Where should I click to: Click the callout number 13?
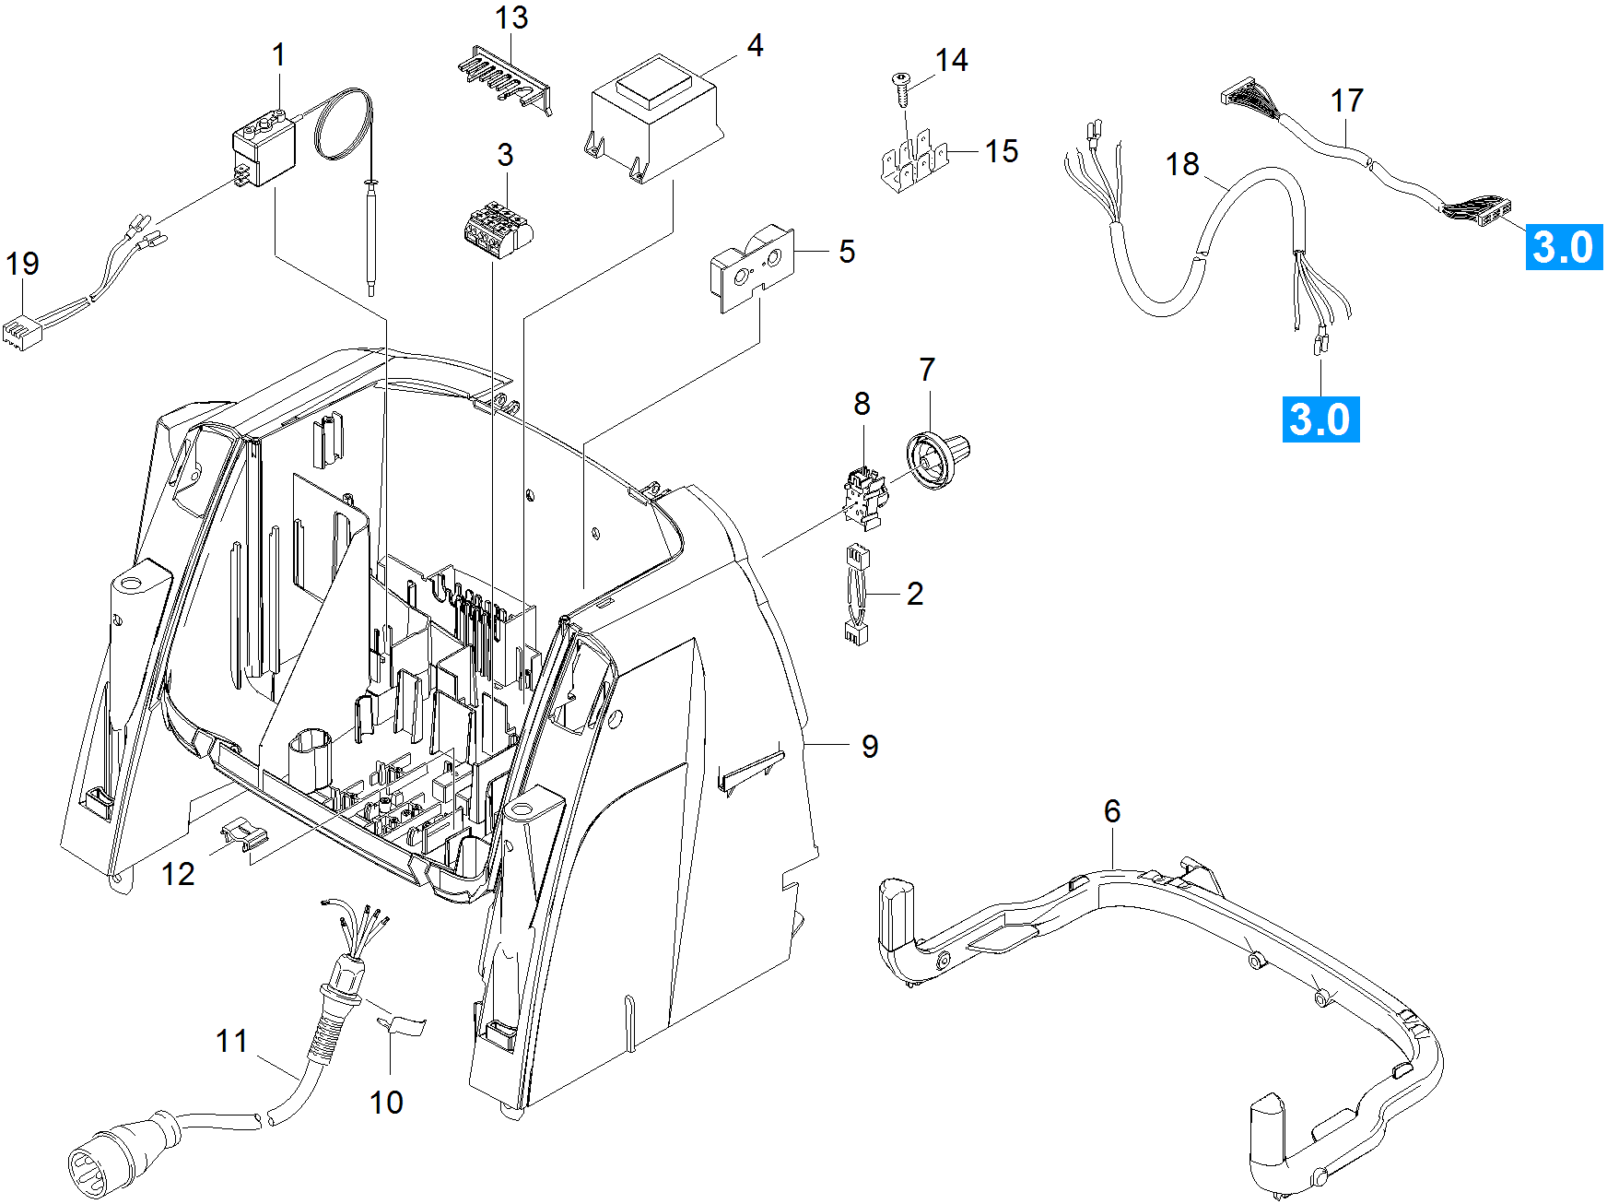pos(511,18)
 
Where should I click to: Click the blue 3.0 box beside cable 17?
pos(1564,247)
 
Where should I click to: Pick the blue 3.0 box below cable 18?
pos(1320,419)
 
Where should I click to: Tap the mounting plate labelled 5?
pos(751,269)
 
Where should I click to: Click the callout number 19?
pos(22,264)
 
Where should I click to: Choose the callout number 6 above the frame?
pos(1112,811)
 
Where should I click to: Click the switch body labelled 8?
pos(864,498)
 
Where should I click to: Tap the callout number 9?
pos(870,746)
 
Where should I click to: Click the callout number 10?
pos(386,1102)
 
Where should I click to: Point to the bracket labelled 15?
pos(915,164)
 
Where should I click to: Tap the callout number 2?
pos(914,594)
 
